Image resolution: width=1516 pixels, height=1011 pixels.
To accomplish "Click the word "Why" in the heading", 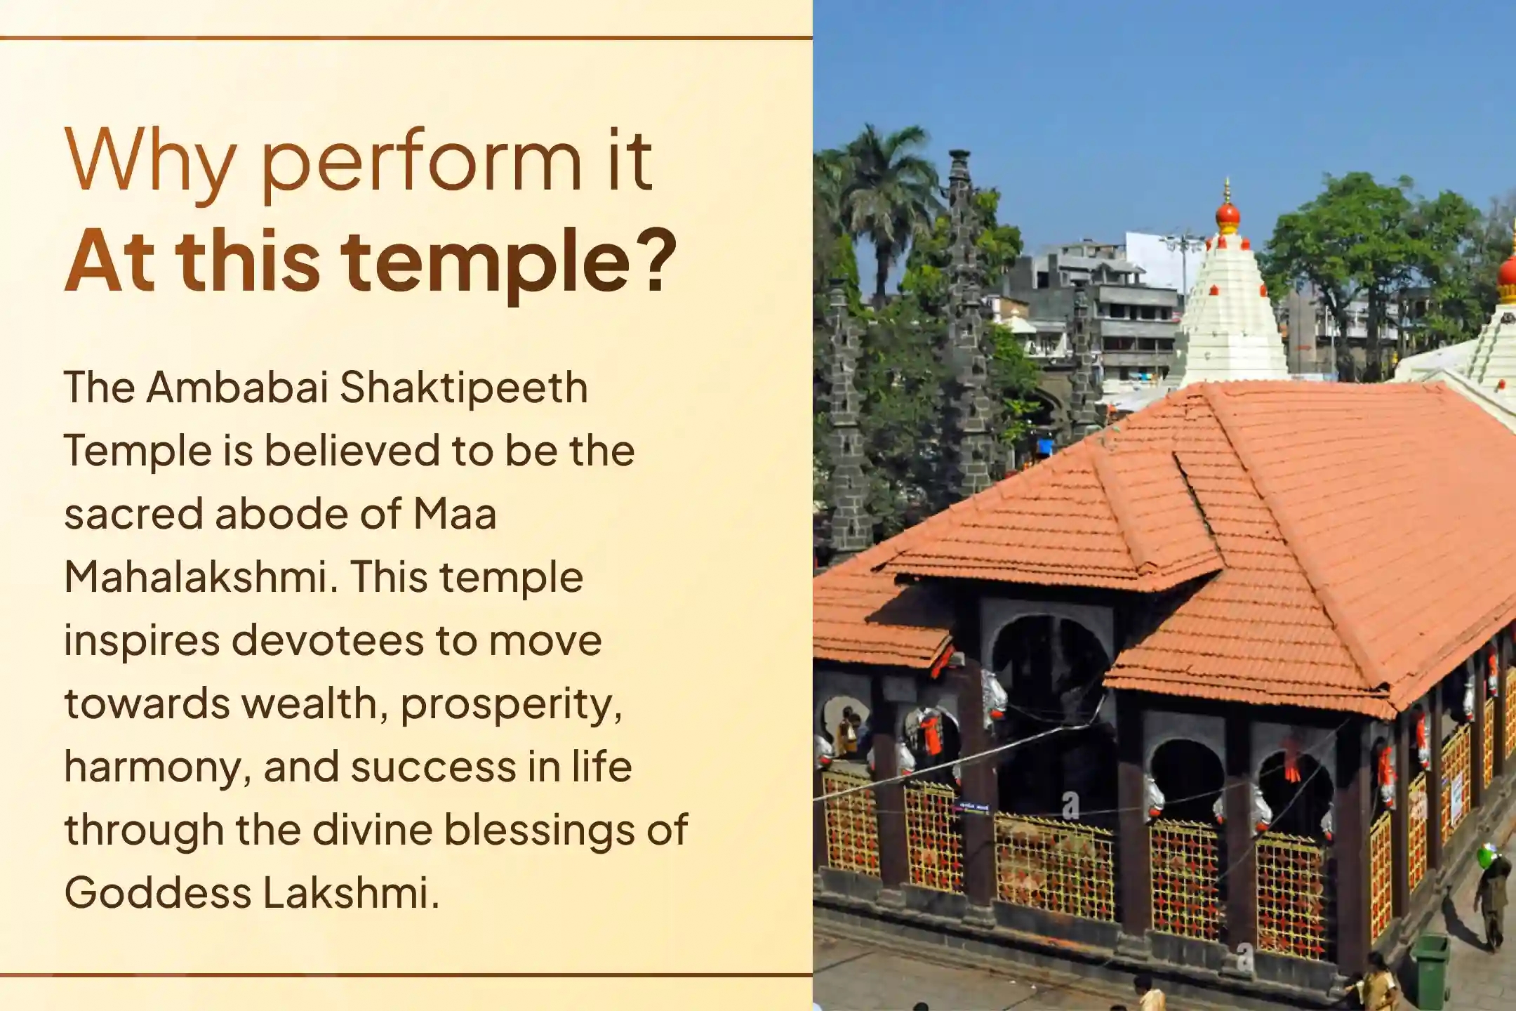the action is point(150,161).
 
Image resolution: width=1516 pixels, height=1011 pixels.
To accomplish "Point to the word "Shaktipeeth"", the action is point(464,388).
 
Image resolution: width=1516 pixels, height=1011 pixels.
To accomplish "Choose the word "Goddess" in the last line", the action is point(158,893).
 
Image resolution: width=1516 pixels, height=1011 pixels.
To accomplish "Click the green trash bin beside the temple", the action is point(1430,970).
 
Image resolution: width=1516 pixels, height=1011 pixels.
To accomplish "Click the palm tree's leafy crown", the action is point(881,172).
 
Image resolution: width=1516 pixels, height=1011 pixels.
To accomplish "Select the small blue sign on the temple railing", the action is point(973,807).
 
